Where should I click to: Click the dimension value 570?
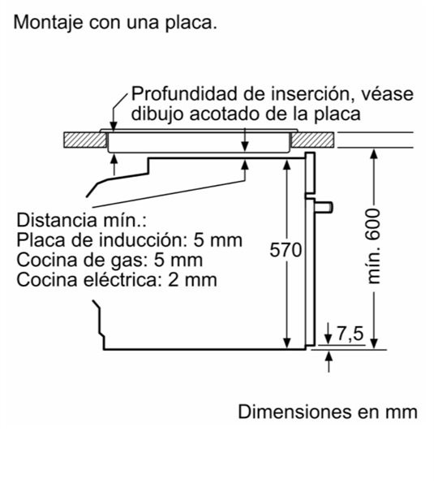[286, 250]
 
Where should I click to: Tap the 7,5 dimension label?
[350, 334]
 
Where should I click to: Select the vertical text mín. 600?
[373, 246]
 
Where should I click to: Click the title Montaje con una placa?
[115, 23]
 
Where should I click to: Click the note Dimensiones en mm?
[328, 412]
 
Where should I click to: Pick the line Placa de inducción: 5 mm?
[130, 239]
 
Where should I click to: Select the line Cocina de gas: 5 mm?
[110, 261]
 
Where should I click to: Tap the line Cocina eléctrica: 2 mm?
[117, 279]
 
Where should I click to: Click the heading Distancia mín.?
[81, 220]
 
